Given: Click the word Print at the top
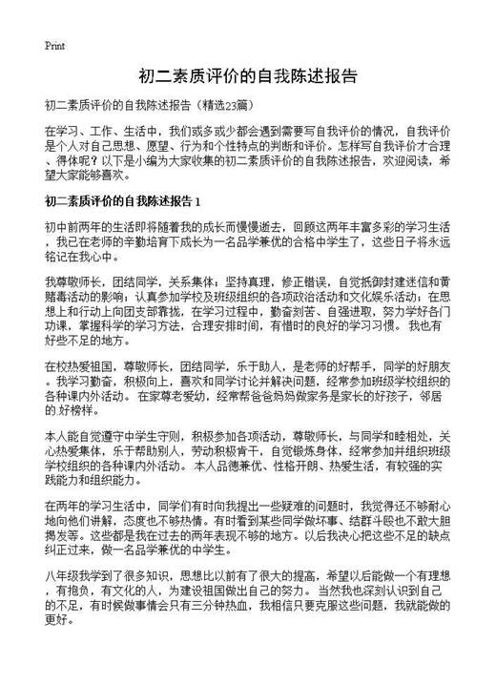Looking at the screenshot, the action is click(x=54, y=45).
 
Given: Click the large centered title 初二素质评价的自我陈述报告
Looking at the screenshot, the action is click(x=247, y=75).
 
